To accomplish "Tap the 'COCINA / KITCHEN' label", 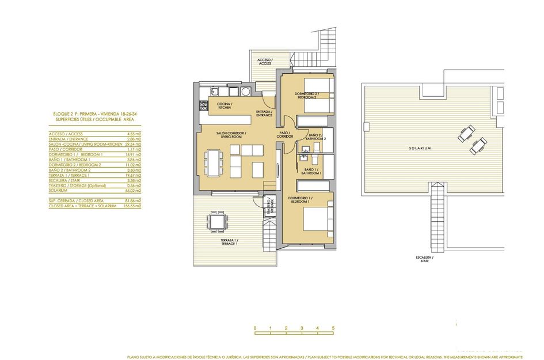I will [208, 107].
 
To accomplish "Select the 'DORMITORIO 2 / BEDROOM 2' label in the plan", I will [306, 95].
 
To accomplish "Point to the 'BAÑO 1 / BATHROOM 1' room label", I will [313, 171].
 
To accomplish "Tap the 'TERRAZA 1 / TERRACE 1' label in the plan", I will [229, 242].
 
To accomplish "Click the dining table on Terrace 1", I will [217, 221].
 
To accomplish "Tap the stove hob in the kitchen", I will [203, 105].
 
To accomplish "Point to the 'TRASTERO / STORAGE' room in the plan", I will [268, 206].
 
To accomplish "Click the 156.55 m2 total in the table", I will [133, 206].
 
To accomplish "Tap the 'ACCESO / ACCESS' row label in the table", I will [64, 134].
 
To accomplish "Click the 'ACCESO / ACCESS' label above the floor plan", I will [265, 62].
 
